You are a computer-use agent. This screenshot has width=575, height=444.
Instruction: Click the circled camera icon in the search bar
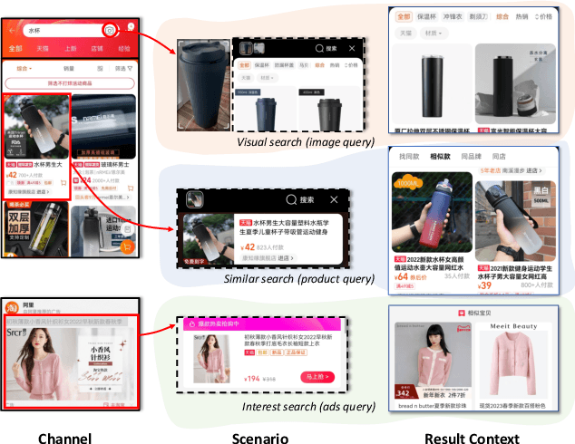point(110,31)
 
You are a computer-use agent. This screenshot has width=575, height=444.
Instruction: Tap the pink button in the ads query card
point(317,377)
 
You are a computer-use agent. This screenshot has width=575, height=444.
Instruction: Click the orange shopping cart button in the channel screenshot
point(130,247)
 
